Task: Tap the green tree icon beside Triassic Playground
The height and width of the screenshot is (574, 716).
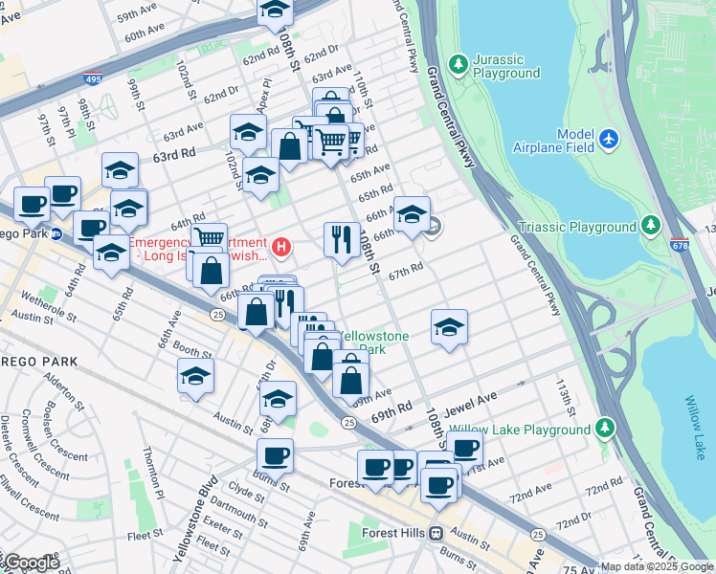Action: click(651, 226)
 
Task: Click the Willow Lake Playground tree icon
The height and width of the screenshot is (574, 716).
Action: click(604, 428)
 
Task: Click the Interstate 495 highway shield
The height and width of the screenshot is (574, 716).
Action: click(92, 79)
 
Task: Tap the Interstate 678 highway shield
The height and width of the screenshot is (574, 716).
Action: click(680, 246)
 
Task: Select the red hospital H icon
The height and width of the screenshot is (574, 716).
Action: click(280, 248)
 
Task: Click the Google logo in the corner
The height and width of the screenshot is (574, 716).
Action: click(31, 563)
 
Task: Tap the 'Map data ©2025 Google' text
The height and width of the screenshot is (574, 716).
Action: click(657, 566)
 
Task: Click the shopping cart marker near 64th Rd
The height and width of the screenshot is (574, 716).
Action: click(209, 237)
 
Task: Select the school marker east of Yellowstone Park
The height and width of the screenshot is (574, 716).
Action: click(449, 327)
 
